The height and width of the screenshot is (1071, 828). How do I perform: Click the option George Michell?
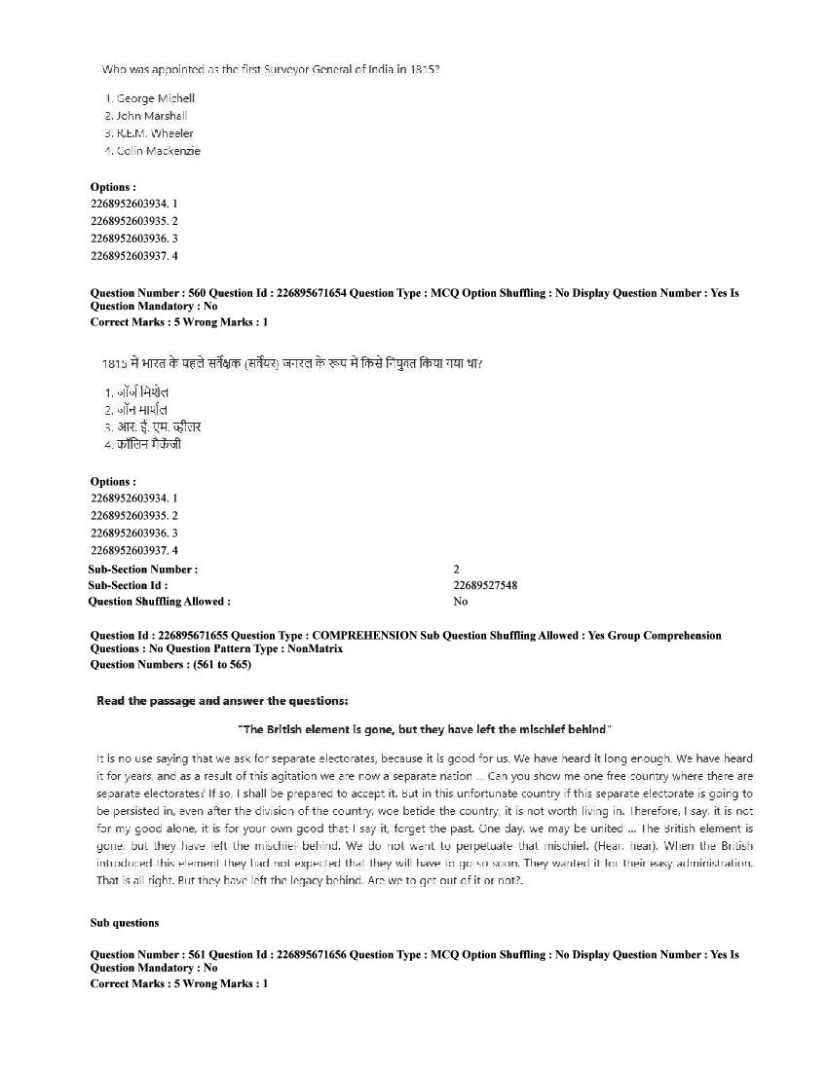pos(155,98)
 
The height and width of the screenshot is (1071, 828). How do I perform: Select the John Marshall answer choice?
pos(152,116)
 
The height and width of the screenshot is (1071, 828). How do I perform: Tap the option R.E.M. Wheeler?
pos(155,133)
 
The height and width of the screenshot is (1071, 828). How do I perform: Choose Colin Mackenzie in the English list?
pos(158,151)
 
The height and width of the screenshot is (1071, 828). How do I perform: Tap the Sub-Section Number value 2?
pos(456,569)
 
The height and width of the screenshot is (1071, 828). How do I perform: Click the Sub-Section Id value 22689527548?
pos(485,585)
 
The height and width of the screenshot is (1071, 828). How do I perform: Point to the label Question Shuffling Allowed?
pos(160,602)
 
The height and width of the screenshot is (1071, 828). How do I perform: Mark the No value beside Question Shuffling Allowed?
pos(460,602)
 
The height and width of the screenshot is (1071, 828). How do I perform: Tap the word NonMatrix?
pos(314,649)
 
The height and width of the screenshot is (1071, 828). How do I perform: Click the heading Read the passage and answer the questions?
pos(222,701)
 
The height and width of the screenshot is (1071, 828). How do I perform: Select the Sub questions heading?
pos(125,922)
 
